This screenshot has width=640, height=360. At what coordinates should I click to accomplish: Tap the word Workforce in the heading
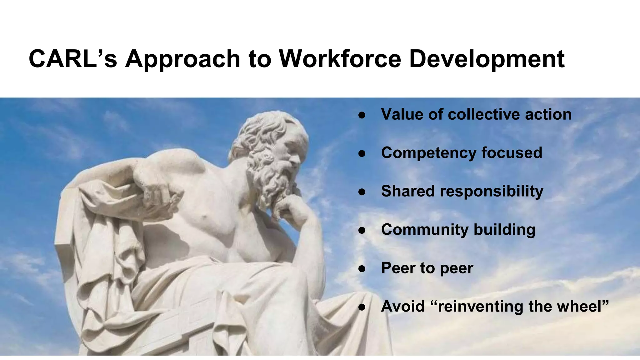pos(340,59)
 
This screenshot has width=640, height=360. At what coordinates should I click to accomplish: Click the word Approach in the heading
pos(182,59)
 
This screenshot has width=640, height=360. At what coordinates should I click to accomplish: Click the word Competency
pos(428,153)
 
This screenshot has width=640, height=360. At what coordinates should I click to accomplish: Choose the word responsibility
pos(492,192)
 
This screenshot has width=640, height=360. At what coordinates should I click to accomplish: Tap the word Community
pos(424,230)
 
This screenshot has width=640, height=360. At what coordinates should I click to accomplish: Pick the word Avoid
pos(403,306)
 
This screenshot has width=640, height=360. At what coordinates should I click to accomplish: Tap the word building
pos(504,230)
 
